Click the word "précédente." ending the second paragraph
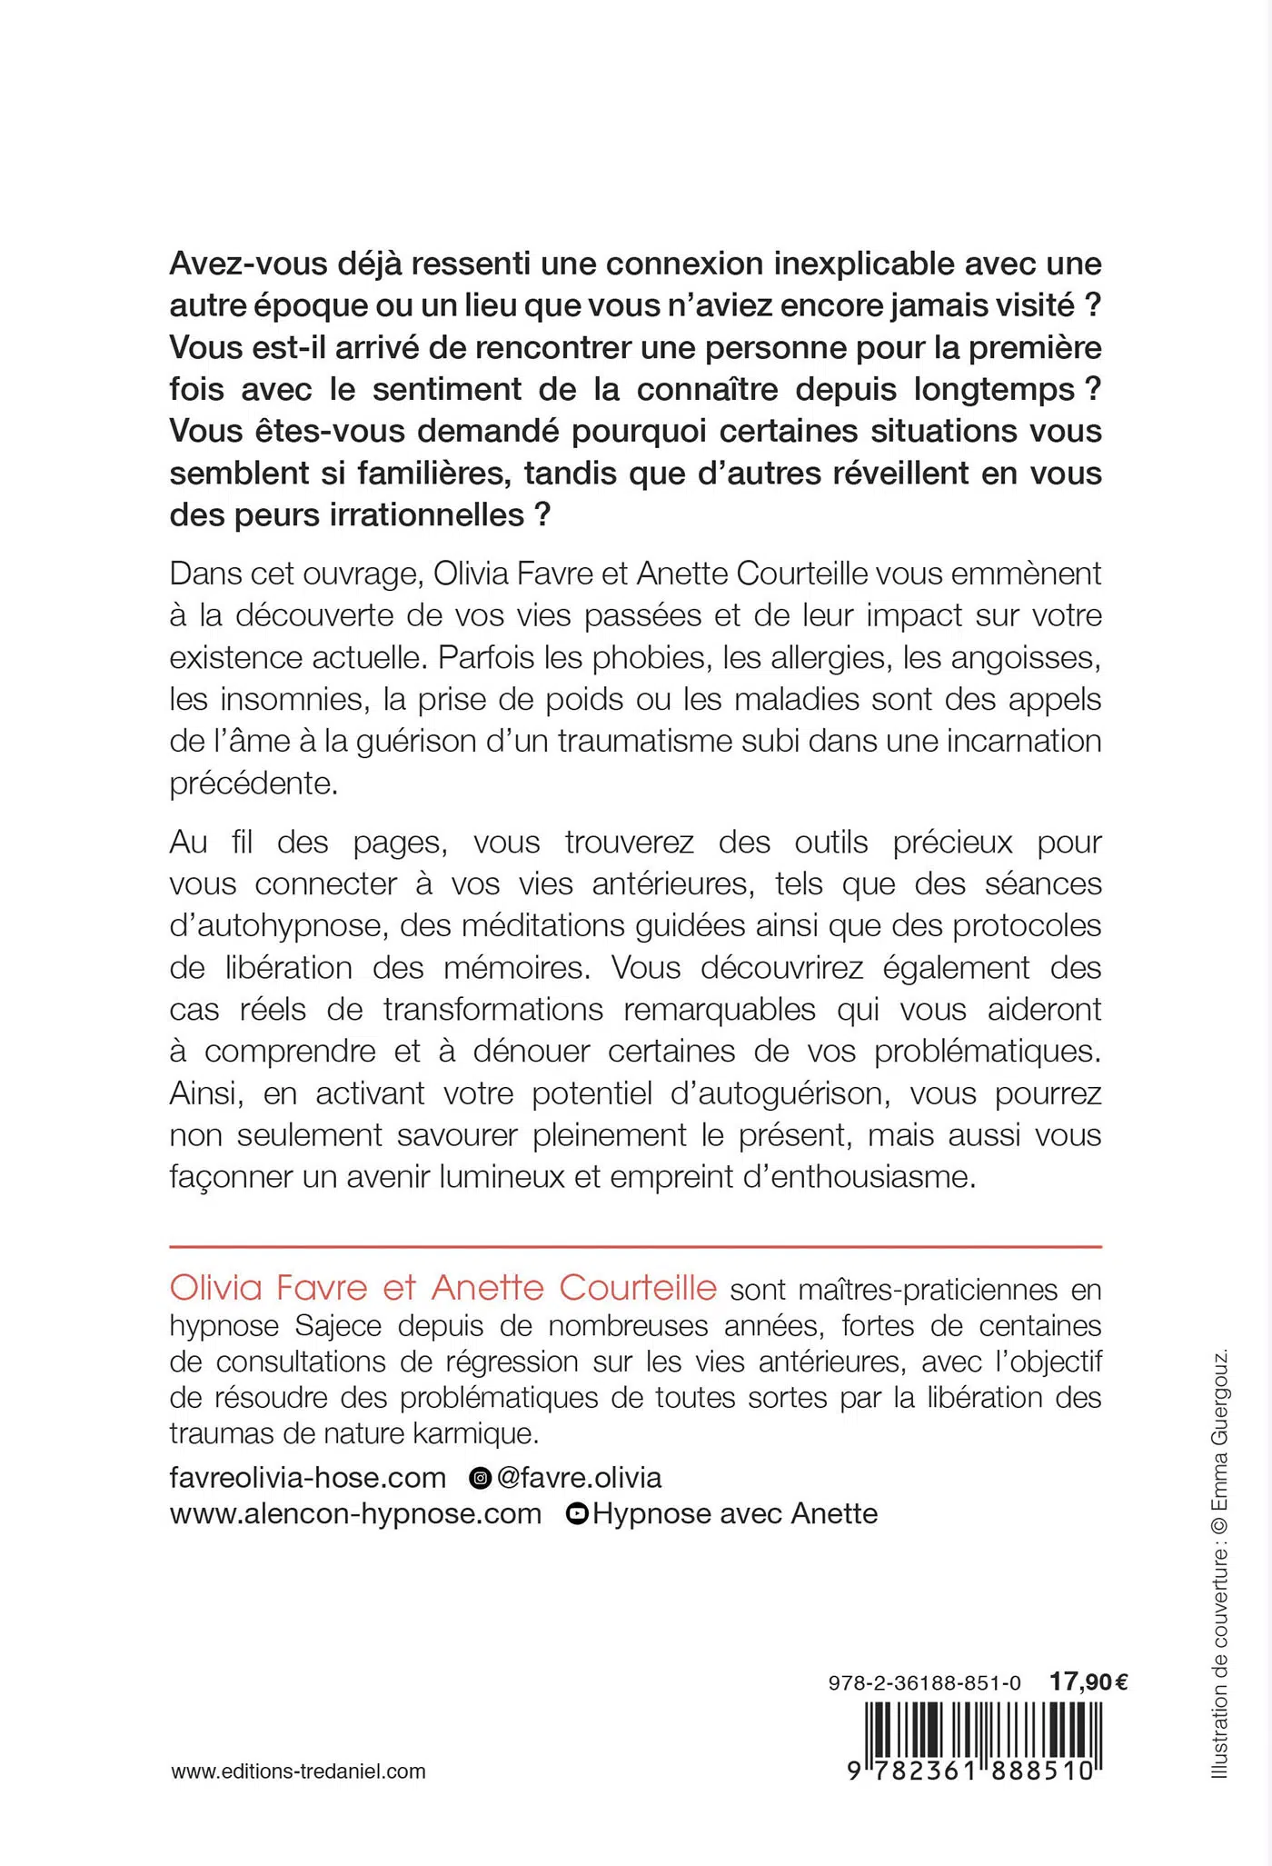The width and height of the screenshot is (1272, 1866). coord(253,783)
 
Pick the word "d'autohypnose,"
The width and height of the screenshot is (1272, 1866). coord(277,925)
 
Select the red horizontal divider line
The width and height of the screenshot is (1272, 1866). coord(635,1247)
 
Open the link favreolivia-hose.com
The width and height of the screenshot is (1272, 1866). coord(308,1477)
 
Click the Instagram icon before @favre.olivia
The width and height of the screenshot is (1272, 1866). coord(480,1478)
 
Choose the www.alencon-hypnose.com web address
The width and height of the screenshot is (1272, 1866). coord(355,1513)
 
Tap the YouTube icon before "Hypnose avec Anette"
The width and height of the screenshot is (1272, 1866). coord(577,1513)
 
